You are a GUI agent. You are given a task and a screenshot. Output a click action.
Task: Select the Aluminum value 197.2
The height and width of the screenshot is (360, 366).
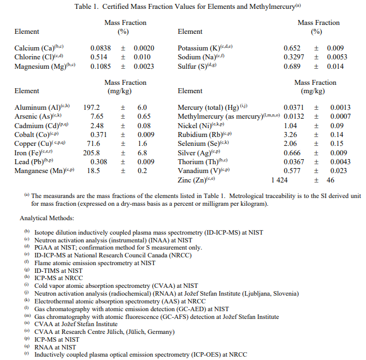click(91, 108)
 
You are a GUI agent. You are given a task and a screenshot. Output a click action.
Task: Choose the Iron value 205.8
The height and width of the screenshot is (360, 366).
click(91, 153)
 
